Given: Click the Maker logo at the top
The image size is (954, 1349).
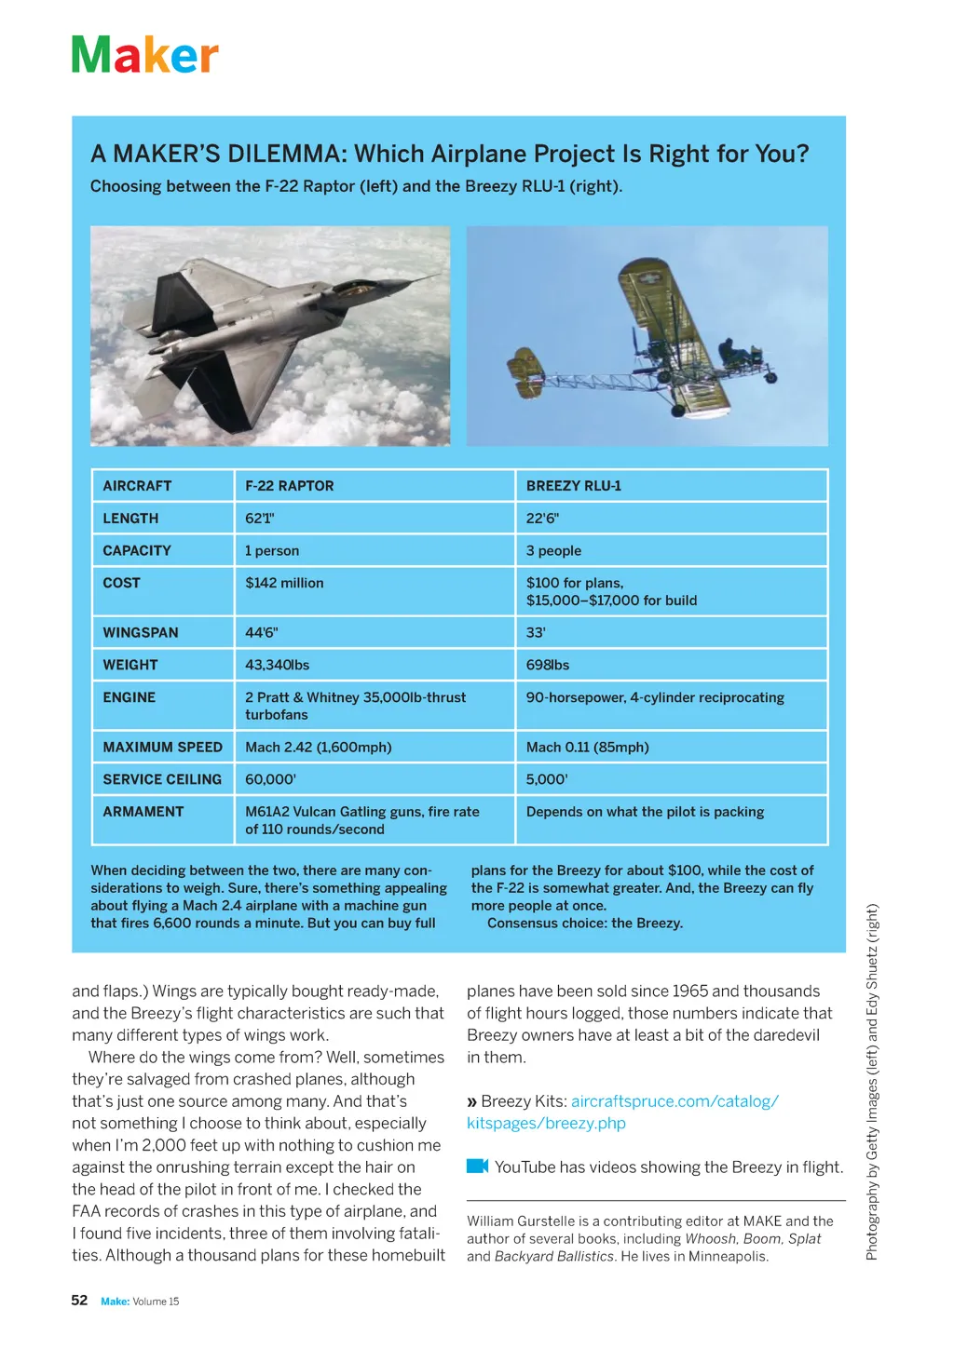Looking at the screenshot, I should (x=144, y=55).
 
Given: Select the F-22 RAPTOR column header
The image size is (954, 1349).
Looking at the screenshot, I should (x=289, y=486).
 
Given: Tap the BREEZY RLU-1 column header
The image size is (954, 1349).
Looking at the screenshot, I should (x=573, y=486).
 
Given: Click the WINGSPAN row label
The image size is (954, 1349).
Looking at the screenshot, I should (x=140, y=633).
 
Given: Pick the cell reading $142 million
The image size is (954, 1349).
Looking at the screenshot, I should (x=284, y=584).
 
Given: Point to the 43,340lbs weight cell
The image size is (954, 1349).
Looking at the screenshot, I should (x=277, y=666).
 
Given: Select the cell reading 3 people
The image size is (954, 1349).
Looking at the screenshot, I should (x=553, y=551).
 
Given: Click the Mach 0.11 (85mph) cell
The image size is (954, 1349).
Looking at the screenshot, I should (x=587, y=748).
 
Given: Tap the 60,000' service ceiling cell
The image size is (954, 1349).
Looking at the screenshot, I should (x=270, y=780).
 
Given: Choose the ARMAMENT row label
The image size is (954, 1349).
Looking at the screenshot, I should (x=143, y=812).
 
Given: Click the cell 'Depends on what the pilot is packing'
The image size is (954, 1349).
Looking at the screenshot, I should (x=645, y=812).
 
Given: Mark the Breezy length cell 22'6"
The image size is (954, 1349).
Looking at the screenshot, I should (x=542, y=519).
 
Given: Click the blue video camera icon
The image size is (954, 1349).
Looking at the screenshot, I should (x=477, y=1167).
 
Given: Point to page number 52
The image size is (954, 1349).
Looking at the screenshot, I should (x=79, y=1301).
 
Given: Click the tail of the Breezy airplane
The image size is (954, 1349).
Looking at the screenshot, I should (x=524, y=371).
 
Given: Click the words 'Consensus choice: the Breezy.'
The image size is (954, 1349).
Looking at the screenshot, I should (x=584, y=924).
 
